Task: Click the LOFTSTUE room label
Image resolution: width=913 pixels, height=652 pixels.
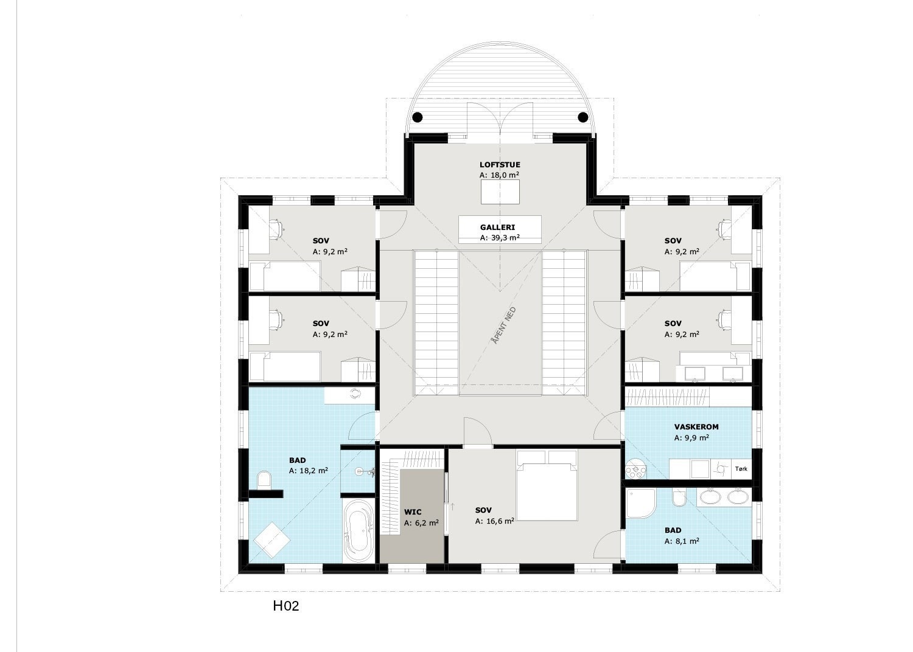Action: [x=500, y=164]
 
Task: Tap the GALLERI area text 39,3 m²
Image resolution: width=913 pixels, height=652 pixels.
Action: [x=500, y=238]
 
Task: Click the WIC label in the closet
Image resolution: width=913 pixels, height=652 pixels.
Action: [x=413, y=512]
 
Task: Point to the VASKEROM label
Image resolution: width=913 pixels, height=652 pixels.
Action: [x=696, y=427]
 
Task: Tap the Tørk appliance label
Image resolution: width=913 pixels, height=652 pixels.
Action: [x=741, y=469]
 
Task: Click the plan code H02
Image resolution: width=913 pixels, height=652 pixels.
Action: [x=286, y=606]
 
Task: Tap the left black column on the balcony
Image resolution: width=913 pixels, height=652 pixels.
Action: [x=418, y=117]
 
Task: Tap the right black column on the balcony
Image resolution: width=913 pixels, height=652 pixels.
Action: [x=582, y=117]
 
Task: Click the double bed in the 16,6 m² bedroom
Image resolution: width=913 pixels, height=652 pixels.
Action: [x=547, y=486]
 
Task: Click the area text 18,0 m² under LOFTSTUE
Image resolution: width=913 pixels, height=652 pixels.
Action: [x=500, y=175]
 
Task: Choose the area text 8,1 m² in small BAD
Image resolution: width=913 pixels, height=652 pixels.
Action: [x=682, y=541]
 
